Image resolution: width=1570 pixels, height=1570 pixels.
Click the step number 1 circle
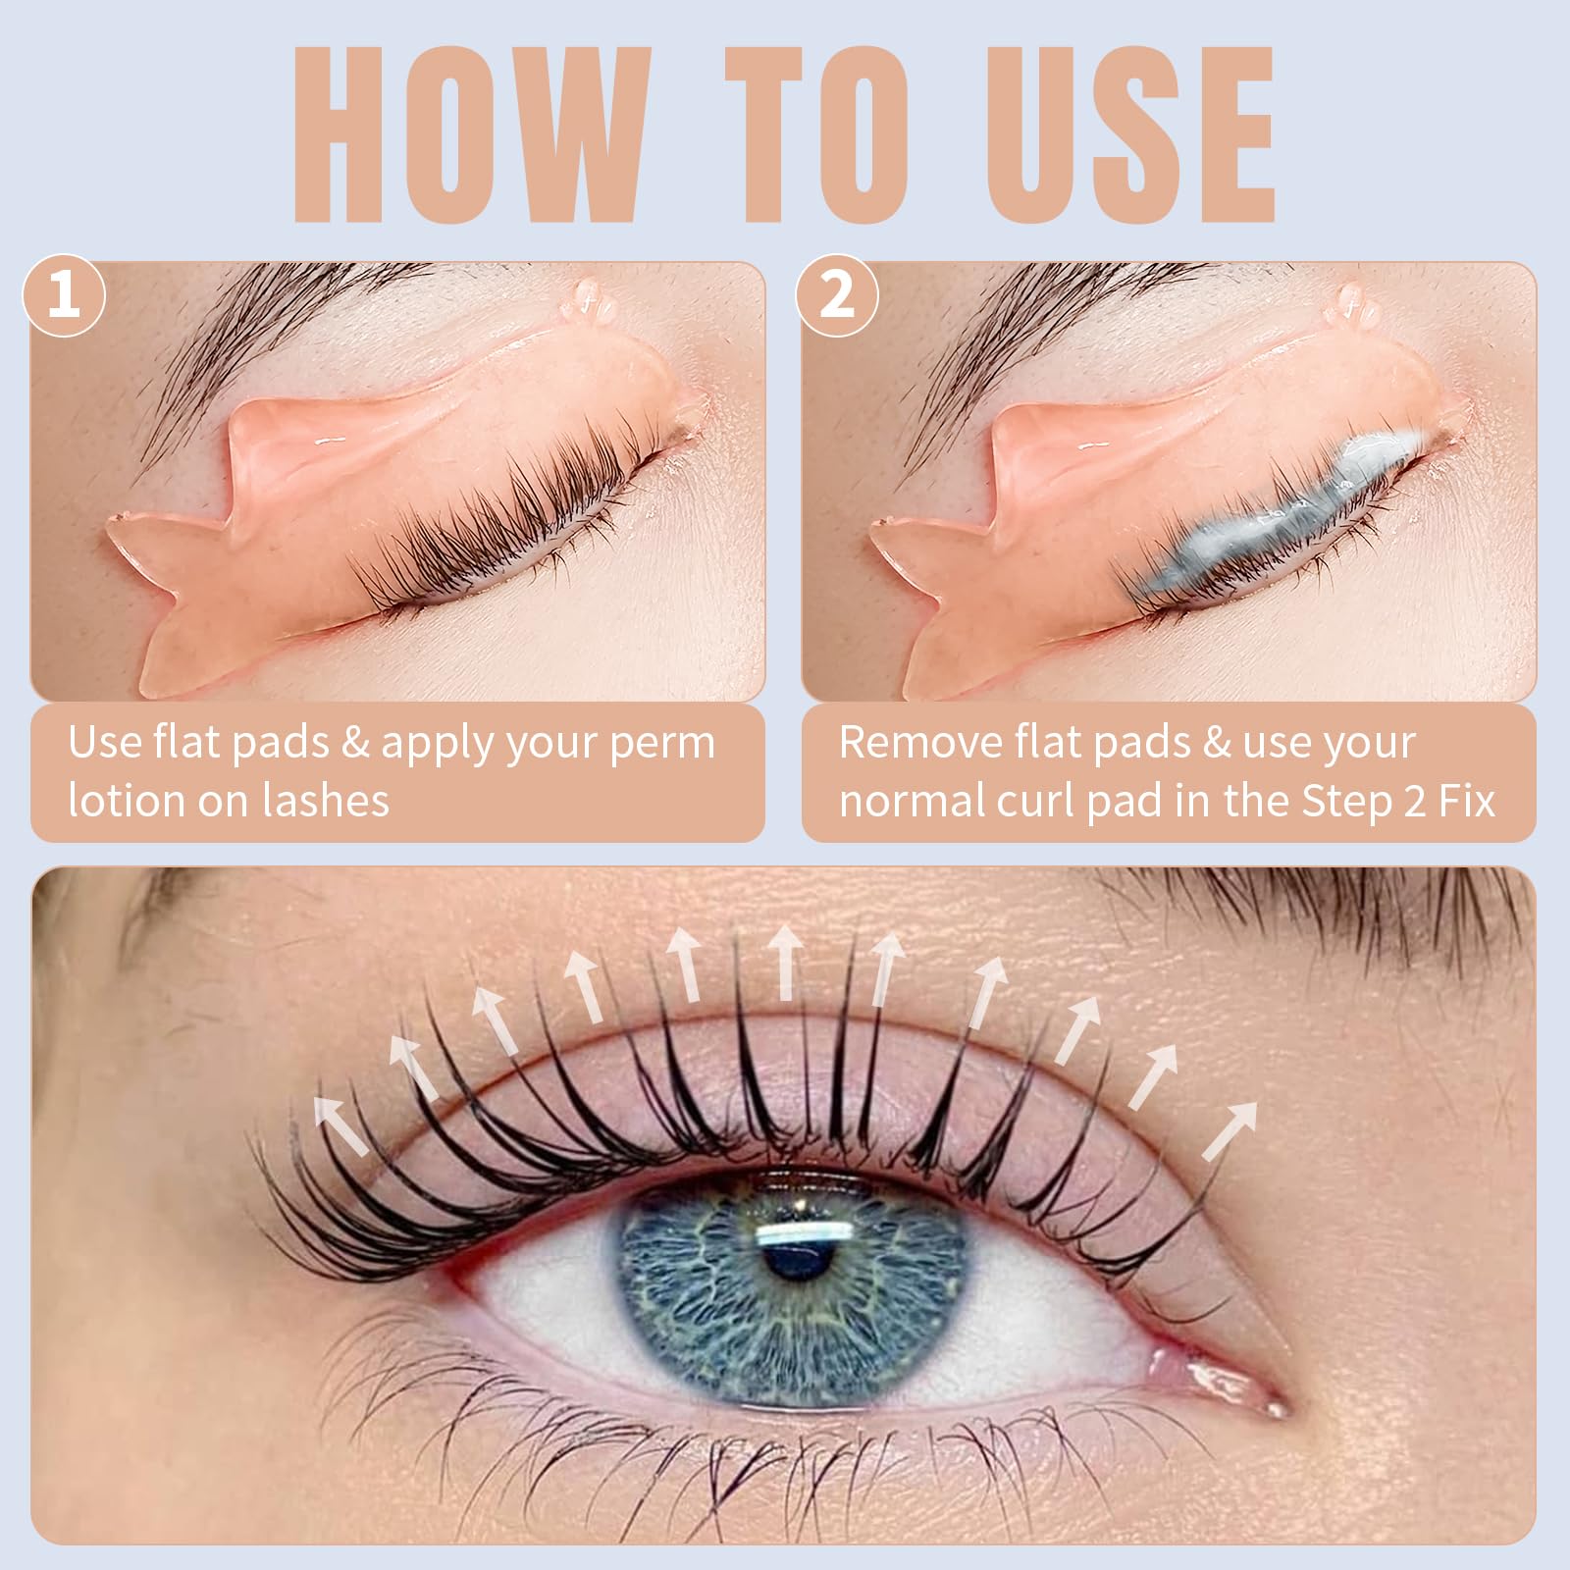pos(64,294)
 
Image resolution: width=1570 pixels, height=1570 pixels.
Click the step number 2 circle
pos(836,294)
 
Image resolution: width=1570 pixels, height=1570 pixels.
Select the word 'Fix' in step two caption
pos(1466,801)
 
